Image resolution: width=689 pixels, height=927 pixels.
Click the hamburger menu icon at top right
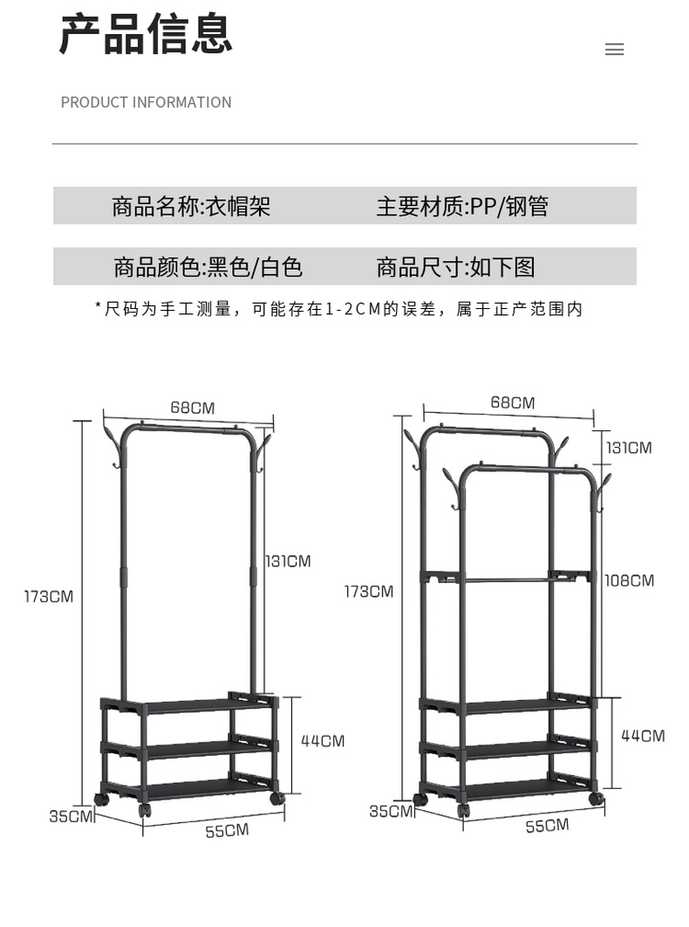point(614,50)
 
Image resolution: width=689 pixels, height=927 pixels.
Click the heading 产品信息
point(146,35)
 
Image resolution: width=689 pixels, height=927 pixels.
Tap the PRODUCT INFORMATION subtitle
point(146,102)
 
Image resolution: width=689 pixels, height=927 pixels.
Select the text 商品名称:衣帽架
point(191,206)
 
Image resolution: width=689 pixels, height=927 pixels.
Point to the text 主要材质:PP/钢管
point(462,206)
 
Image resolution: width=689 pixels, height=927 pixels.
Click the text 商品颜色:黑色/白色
point(208,266)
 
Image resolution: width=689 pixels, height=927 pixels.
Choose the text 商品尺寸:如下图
point(455,266)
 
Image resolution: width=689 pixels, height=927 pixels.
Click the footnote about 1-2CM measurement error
point(338,308)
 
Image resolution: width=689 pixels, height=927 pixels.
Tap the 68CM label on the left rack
point(192,408)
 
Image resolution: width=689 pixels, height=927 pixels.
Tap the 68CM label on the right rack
point(512,402)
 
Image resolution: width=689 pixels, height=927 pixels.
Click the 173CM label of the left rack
point(49,597)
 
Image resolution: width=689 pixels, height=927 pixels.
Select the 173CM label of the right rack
point(369,592)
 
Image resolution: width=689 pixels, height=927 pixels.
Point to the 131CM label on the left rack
point(287,561)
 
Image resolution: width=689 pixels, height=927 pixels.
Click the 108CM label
point(629,580)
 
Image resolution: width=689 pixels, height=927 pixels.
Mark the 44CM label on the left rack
point(323,741)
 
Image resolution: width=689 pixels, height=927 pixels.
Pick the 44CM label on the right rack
point(643,736)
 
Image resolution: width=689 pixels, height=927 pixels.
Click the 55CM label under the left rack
point(227,831)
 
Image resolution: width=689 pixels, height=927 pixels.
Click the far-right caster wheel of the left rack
point(277,798)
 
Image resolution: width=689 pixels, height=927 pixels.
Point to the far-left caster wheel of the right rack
point(420,799)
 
